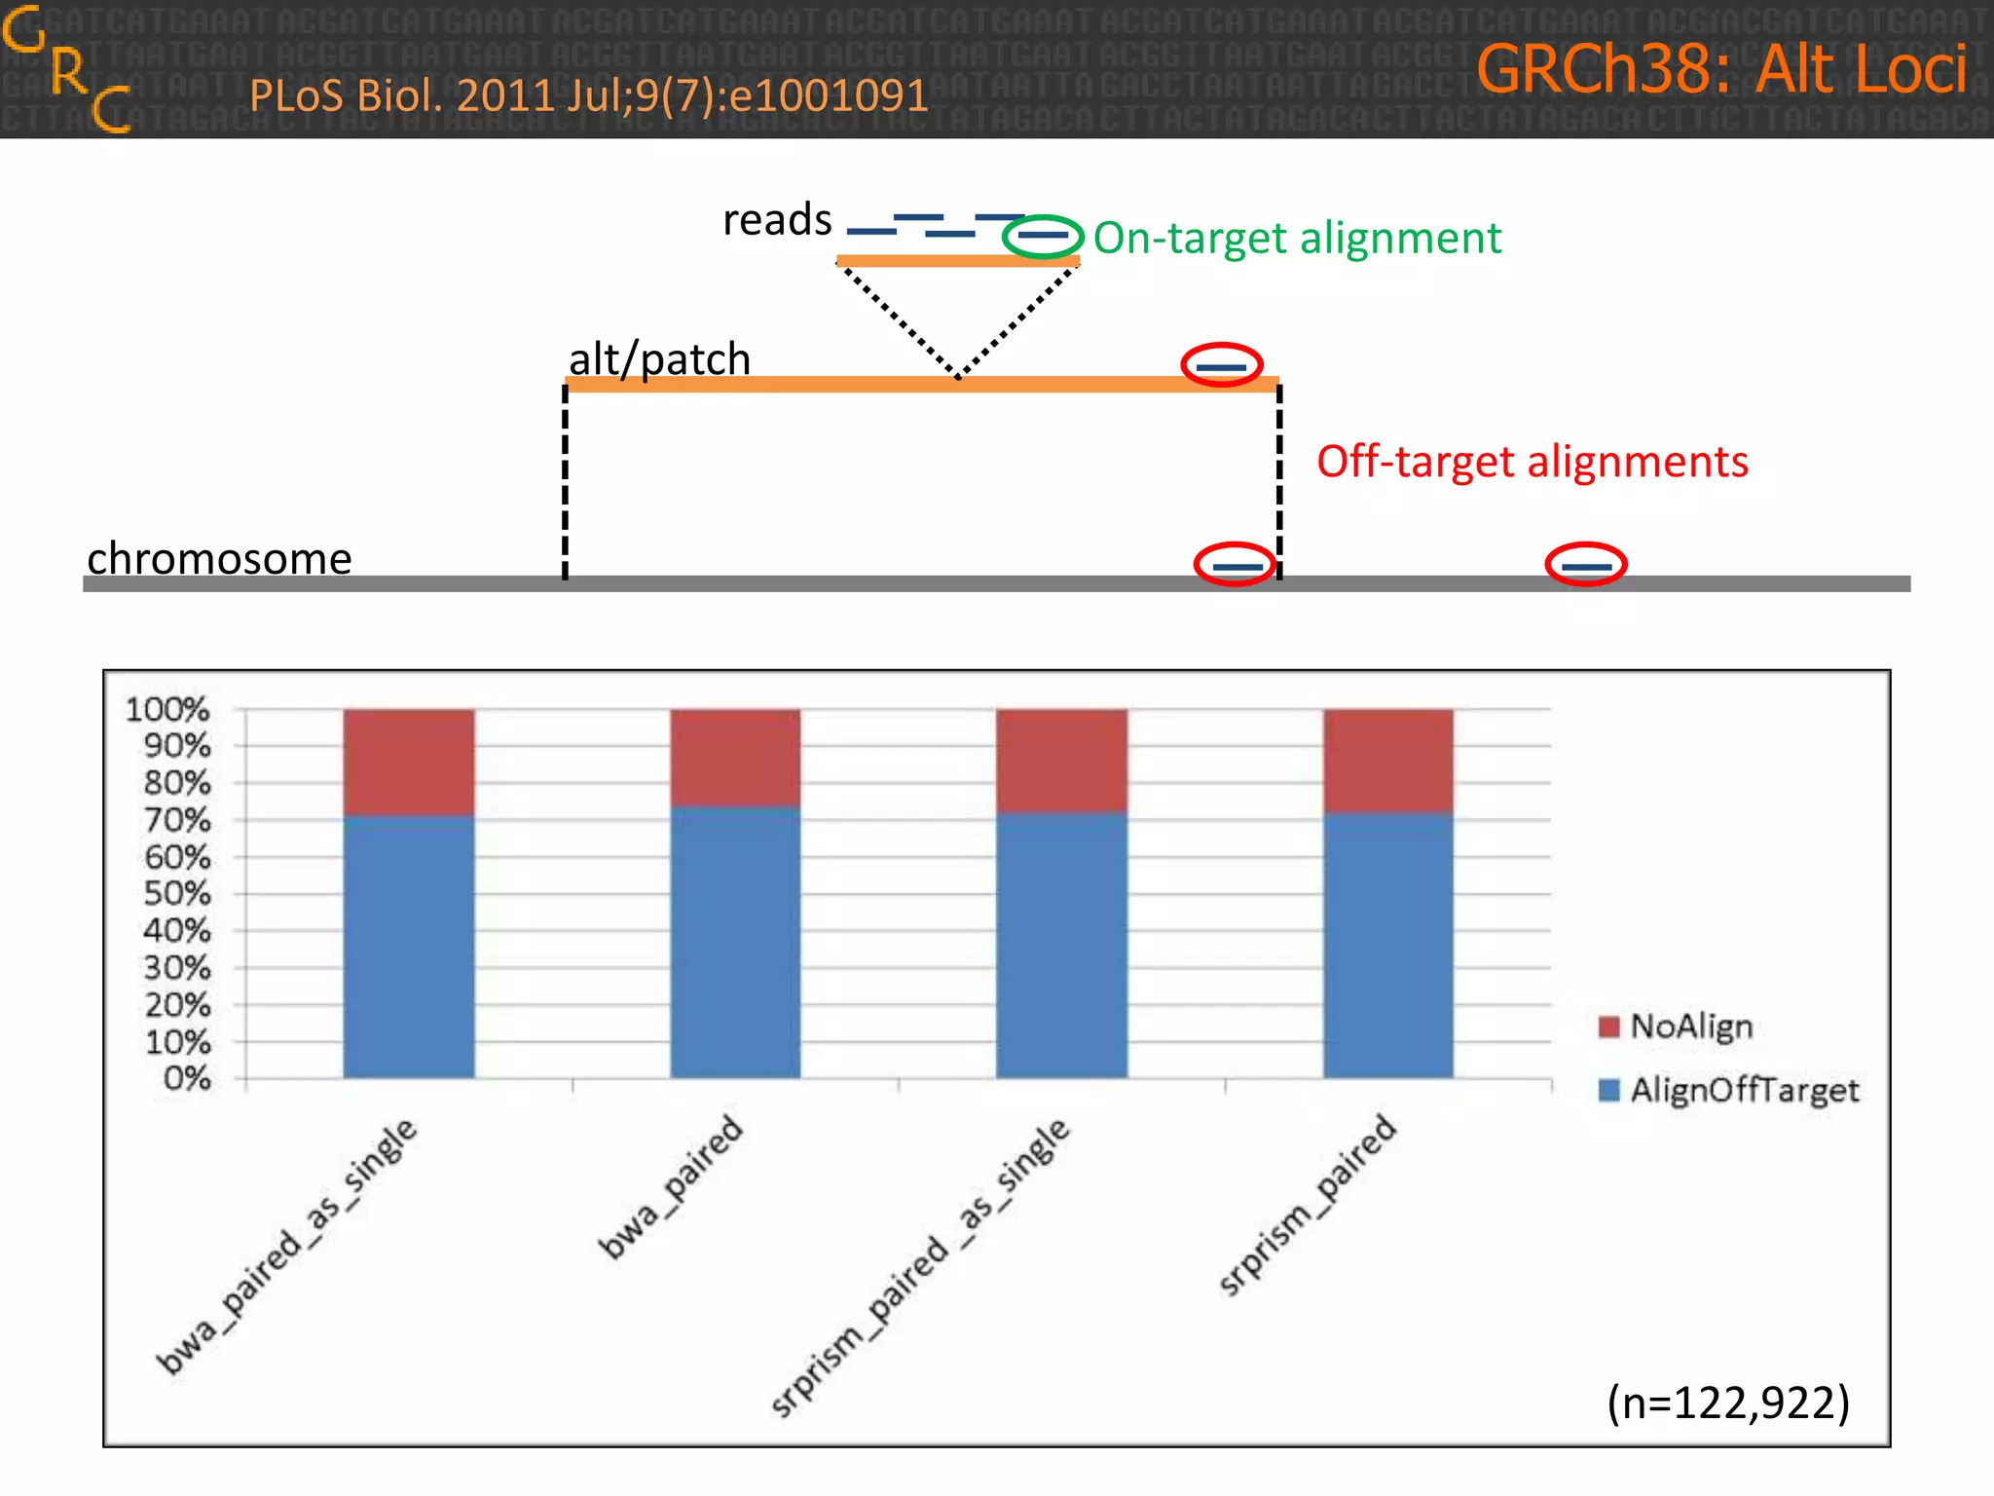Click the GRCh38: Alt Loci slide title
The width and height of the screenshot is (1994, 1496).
[1720, 70]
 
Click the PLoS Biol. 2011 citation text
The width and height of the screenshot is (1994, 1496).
[588, 96]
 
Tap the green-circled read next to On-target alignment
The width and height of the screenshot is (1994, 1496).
[1043, 236]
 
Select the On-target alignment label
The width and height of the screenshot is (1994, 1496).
[1297, 239]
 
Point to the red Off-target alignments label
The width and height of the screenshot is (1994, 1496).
[1532, 462]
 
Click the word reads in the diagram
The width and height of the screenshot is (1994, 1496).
[777, 220]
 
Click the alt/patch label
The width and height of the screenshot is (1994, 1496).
[659, 359]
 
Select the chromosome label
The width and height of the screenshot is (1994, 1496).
[219, 559]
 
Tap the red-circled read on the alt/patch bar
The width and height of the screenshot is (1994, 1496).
[1221, 366]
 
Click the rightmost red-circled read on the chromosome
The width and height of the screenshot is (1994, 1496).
[1585, 565]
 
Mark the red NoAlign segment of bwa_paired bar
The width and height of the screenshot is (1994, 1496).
[735, 757]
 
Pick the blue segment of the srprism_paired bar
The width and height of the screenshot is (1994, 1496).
[1387, 945]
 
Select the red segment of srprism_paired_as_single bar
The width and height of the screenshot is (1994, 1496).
[1061, 760]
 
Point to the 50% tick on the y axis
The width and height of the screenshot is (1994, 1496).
[177, 894]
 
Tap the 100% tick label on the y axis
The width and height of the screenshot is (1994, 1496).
[167, 709]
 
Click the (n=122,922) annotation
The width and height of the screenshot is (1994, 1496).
[1727, 1402]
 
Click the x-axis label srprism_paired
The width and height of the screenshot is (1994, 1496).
[1307, 1206]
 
